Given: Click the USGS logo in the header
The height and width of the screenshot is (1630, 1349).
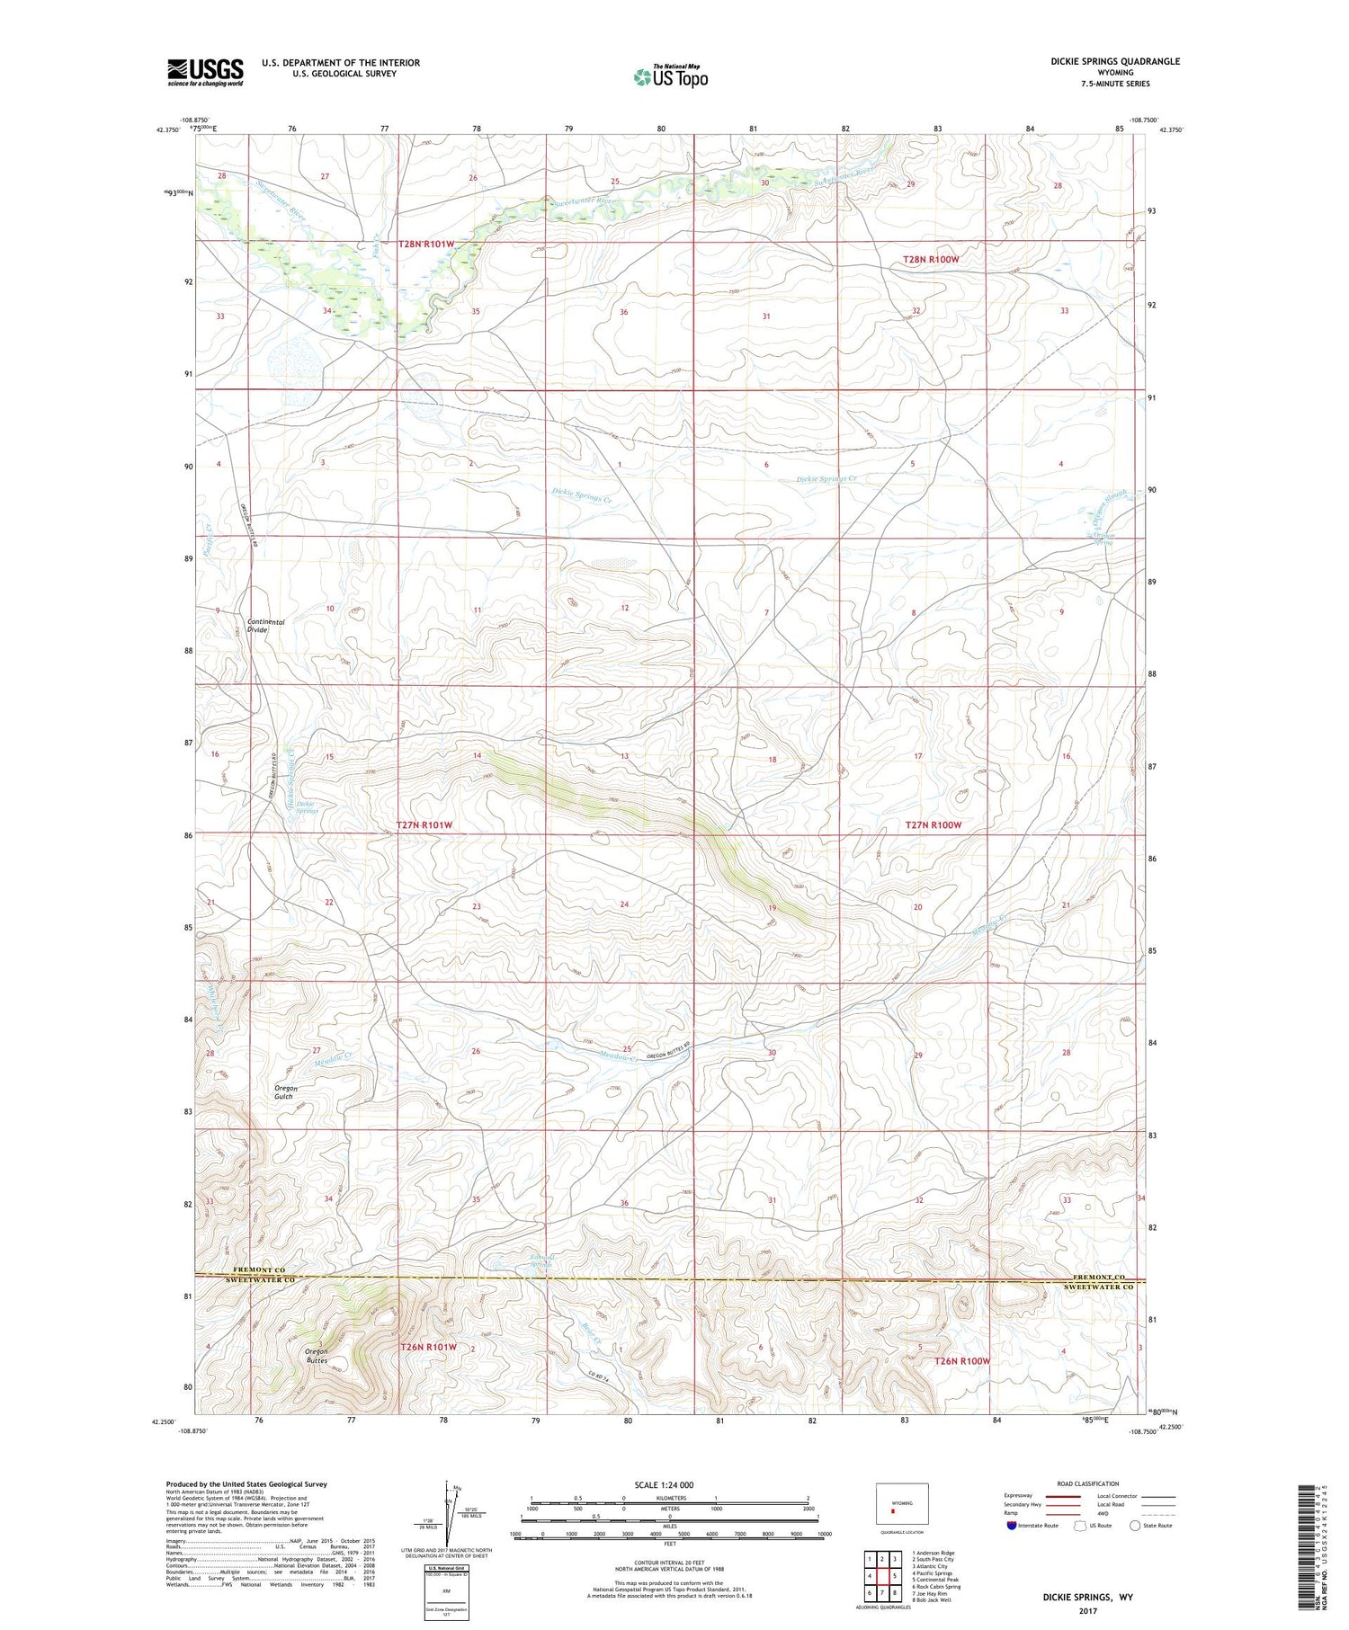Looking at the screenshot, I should point(205,72).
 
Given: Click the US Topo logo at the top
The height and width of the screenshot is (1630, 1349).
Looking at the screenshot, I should point(670,77).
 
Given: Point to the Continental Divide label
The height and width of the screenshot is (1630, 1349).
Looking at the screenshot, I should point(265,626).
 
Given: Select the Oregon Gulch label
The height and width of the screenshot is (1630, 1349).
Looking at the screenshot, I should point(286,1092).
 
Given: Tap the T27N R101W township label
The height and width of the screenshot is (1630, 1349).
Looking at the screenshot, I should point(424,825).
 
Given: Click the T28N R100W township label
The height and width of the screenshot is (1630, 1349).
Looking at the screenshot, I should point(931,259).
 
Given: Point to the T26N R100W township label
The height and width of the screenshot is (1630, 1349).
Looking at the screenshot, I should point(962,1361).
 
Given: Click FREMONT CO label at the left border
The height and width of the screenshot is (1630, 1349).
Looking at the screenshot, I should point(255,1270).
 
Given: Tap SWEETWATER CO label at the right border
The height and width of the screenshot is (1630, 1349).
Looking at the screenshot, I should point(1099,1287).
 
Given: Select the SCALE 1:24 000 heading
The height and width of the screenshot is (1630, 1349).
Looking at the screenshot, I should point(664,1484).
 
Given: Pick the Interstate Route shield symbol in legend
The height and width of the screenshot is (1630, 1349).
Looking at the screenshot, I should point(1012,1526).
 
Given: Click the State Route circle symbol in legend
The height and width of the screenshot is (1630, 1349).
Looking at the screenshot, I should point(1135,1526).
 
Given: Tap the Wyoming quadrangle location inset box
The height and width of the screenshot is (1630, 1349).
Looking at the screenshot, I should point(902,1503).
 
